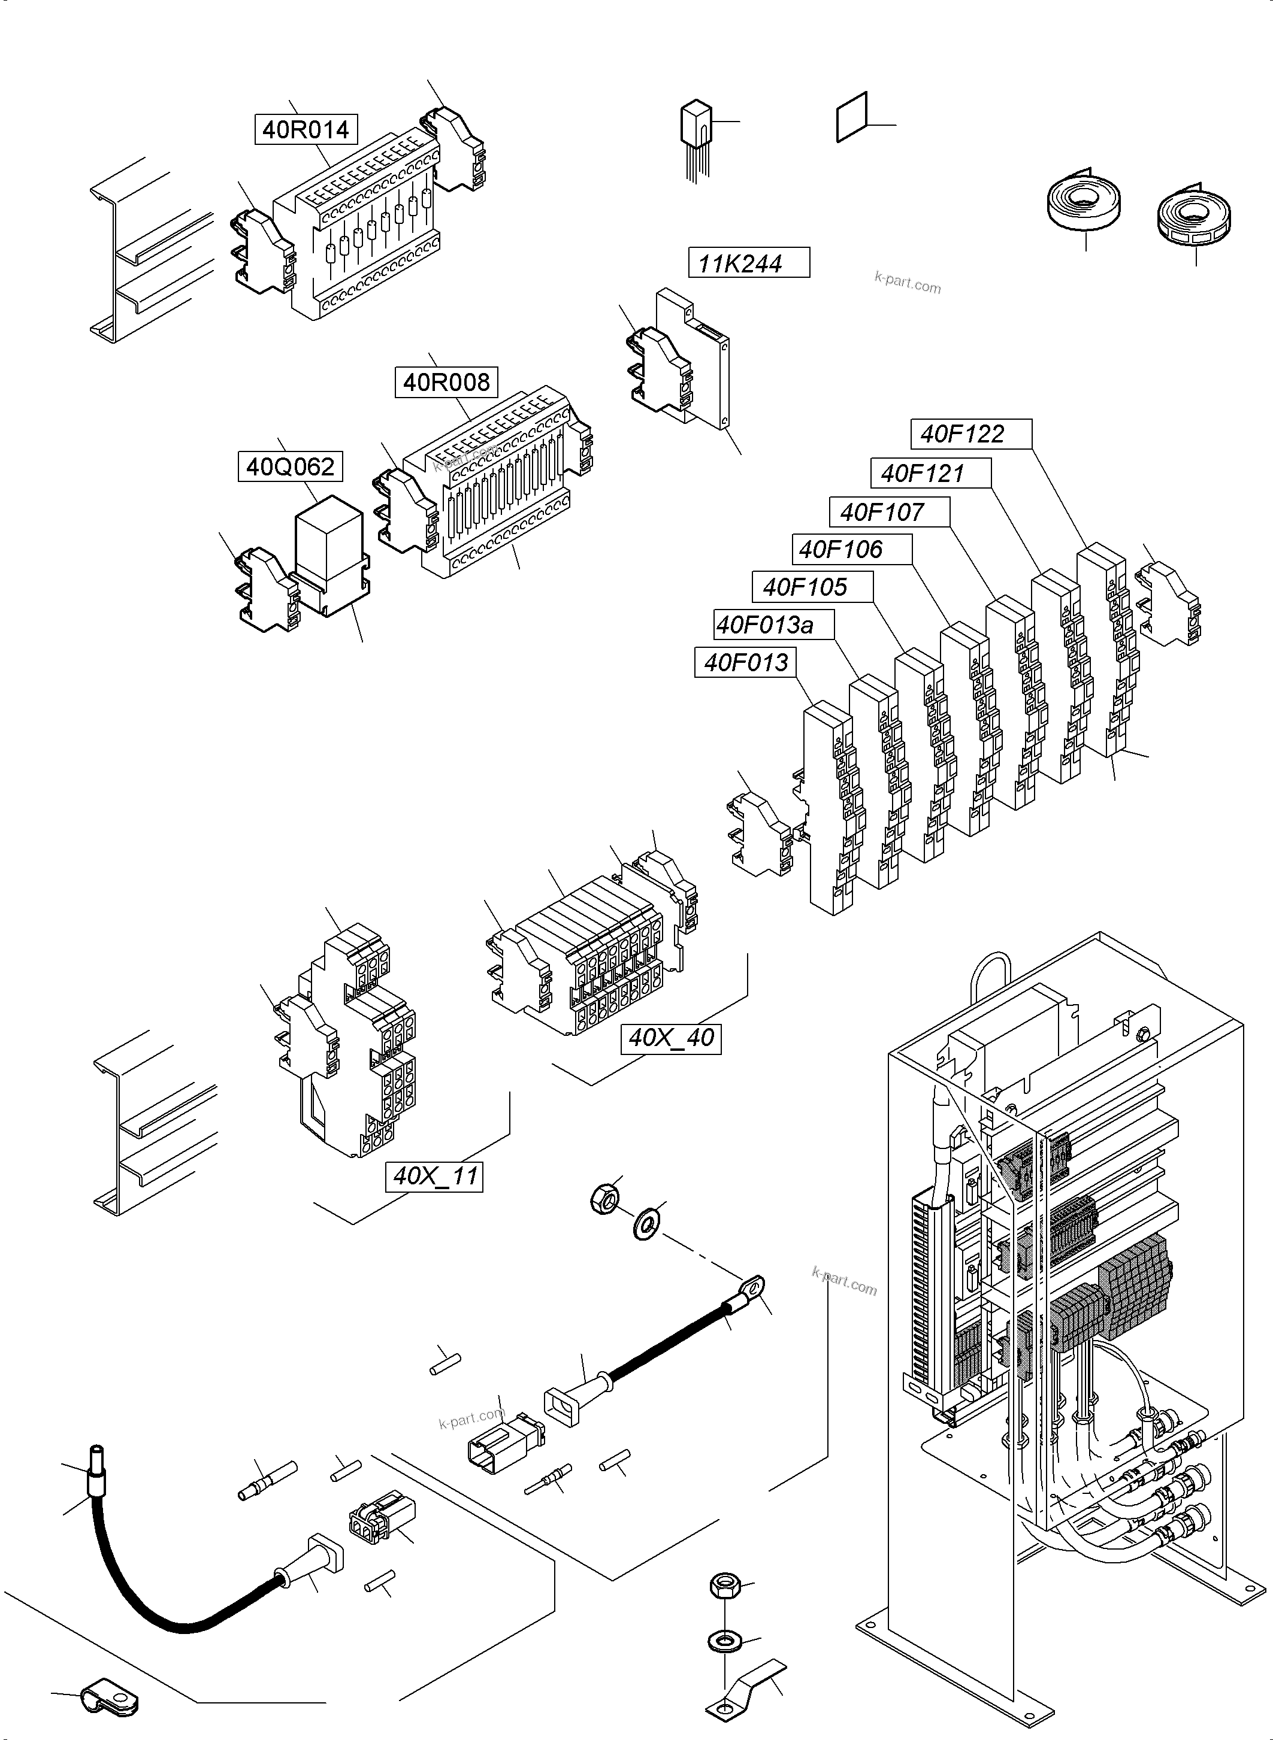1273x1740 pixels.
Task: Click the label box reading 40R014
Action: pyautogui.click(x=306, y=129)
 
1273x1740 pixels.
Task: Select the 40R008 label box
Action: pyautogui.click(x=446, y=382)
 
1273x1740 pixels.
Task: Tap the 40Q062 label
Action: pyautogui.click(x=290, y=467)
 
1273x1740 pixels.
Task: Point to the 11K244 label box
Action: pyautogui.click(x=748, y=263)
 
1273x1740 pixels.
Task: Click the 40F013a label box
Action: pyautogui.click(x=773, y=625)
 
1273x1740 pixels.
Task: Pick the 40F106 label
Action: pyautogui.click(x=851, y=550)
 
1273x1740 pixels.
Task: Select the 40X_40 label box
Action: pyautogui.click(x=670, y=1038)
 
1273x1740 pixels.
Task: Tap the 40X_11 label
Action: pyautogui.click(x=434, y=1176)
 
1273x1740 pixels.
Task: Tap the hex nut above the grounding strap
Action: pyautogui.click(x=724, y=1585)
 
